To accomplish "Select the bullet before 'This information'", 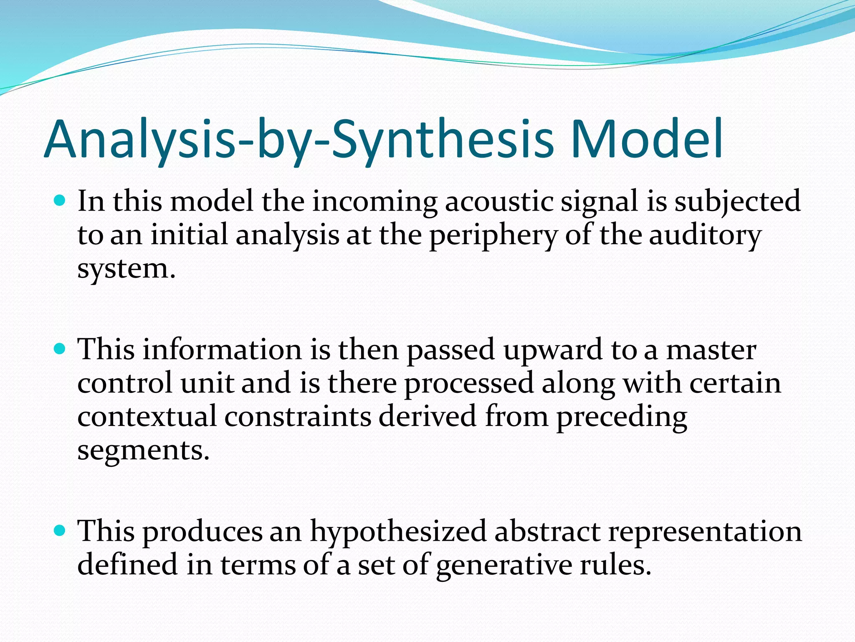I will (x=61, y=349).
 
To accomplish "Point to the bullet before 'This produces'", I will (x=61, y=531).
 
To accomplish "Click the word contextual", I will (x=147, y=417).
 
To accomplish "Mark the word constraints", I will (x=298, y=417).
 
